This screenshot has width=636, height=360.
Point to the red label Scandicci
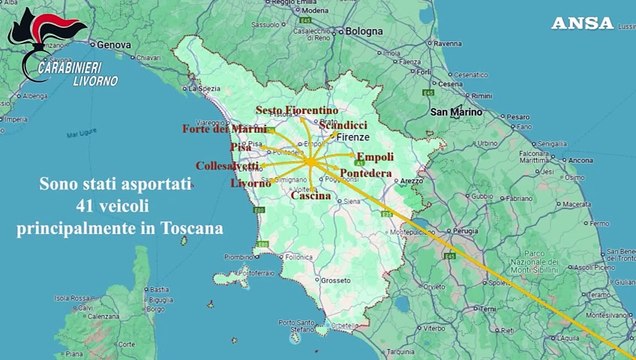pyautogui.click(x=342, y=124)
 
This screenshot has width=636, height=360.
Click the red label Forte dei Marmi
pyautogui.click(x=223, y=128)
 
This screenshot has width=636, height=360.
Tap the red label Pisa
pyautogui.click(x=241, y=147)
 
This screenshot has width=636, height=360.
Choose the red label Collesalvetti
pyautogui.click(x=227, y=165)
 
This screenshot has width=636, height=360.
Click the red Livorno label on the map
pyautogui.click(x=250, y=183)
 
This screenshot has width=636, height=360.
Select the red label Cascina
pyautogui.click(x=311, y=195)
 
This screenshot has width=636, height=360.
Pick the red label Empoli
pyautogui.click(x=375, y=157)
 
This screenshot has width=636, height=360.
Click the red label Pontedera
pyautogui.click(x=366, y=173)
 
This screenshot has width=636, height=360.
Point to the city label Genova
pyautogui.click(x=114, y=45)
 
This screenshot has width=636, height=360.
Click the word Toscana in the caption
pyautogui.click(x=192, y=228)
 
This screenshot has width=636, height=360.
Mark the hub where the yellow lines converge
pyautogui.click(x=310, y=160)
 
